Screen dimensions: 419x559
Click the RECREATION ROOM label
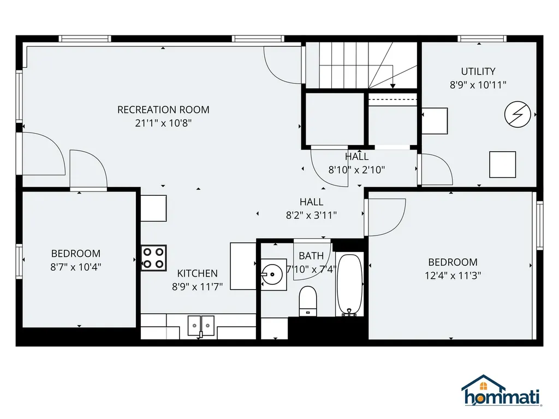(163, 110)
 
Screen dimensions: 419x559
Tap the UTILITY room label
(478, 71)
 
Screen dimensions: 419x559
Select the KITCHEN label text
(197, 273)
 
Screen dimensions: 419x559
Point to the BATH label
(311, 256)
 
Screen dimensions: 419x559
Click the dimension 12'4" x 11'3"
(453, 276)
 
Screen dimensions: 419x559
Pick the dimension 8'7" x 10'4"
(76, 267)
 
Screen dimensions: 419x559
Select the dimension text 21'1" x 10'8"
(163, 123)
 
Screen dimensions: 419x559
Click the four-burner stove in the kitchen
(153, 258)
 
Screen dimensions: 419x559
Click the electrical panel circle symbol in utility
(516, 114)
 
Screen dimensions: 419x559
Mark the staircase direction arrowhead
(393, 86)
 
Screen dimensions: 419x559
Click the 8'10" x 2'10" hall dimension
(356, 170)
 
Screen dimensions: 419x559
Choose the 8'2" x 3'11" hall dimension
(311, 215)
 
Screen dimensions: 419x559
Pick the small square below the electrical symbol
(502, 164)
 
